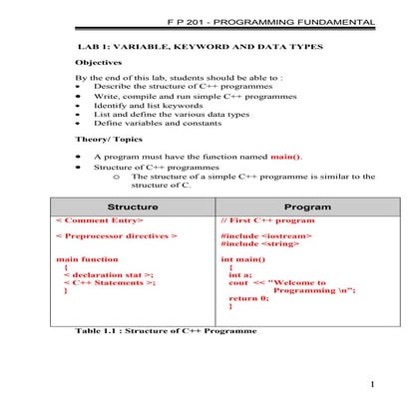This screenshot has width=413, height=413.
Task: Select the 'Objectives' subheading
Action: pos(102,62)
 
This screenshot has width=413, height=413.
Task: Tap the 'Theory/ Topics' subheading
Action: pos(112,140)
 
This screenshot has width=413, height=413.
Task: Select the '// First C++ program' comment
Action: pos(267,220)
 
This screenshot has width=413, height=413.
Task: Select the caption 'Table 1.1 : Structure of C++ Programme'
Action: pos(166,330)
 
